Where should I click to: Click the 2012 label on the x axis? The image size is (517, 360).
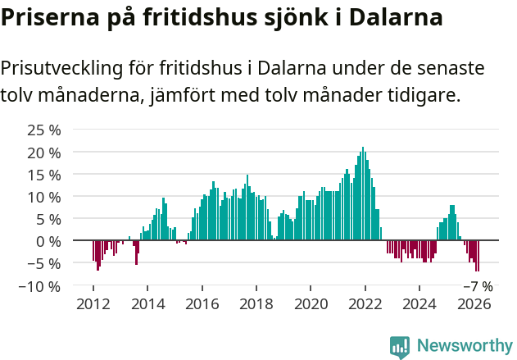93,304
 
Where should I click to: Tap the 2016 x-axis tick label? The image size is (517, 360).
202,304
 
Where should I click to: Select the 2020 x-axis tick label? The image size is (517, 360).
311,304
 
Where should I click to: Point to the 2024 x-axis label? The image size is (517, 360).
419,304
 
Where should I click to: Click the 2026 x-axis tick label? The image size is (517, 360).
474,304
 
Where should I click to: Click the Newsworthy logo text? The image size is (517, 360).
465,345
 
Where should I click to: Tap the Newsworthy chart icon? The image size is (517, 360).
400,347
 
